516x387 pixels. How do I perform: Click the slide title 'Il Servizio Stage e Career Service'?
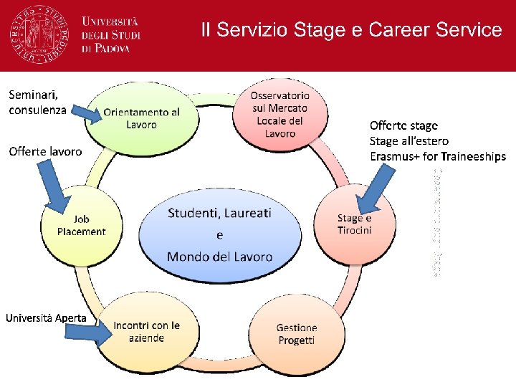tap(351, 29)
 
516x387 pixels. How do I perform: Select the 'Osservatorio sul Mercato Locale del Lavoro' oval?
tap(279, 114)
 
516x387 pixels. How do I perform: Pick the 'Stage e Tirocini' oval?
tap(355, 224)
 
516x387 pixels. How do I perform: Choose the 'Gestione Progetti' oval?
tap(296, 333)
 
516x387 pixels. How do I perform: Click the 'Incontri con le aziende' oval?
tap(145, 330)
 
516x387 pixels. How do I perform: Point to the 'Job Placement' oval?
tap(81, 225)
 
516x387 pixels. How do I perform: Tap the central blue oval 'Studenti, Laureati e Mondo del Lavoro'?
tap(219, 234)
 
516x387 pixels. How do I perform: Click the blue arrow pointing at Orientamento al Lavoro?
tap(90, 113)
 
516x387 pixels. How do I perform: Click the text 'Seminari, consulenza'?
tap(37, 102)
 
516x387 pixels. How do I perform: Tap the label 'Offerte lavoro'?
tap(44, 151)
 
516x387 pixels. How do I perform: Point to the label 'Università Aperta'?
tap(47, 317)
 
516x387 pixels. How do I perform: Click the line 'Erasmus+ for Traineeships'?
tap(437, 156)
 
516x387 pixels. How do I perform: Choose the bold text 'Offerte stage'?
tap(403, 126)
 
